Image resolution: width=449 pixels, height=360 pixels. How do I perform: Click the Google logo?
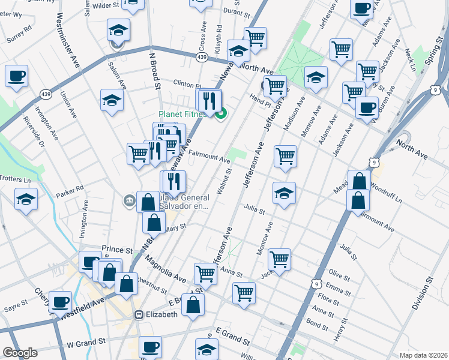20,353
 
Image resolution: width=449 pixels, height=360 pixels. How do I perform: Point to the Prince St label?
116,249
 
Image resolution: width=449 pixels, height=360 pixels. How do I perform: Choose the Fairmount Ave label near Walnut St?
209,158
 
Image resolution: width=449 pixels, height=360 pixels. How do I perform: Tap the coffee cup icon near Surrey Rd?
17,76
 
